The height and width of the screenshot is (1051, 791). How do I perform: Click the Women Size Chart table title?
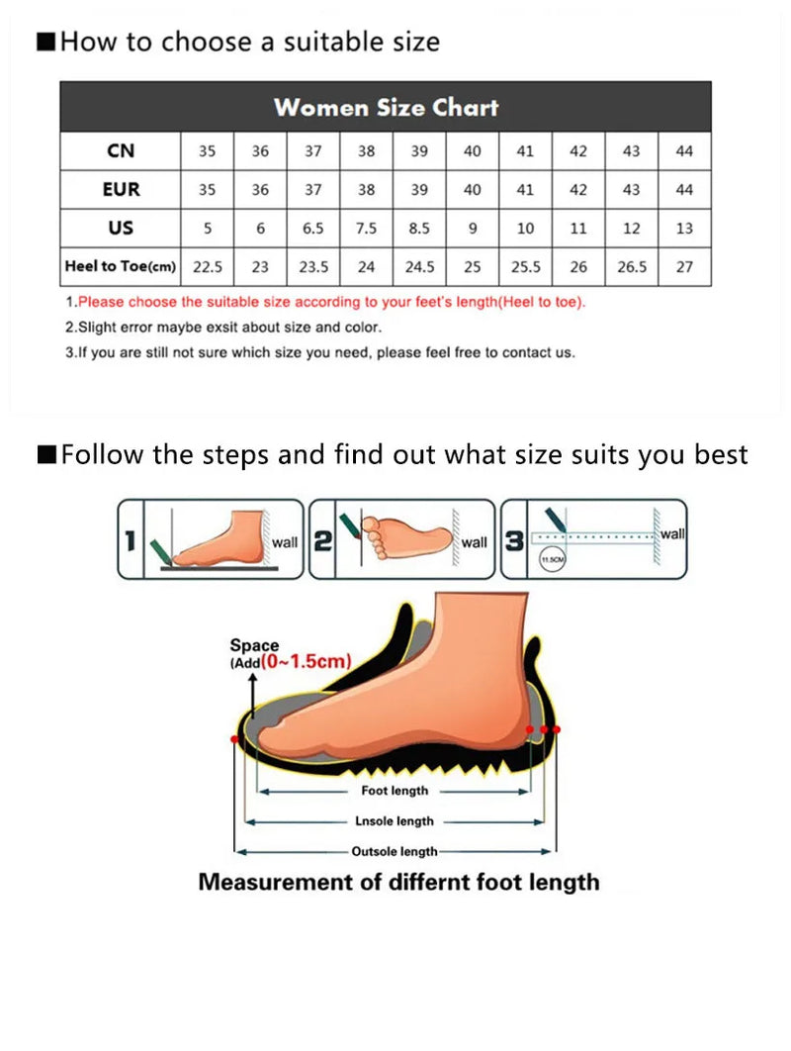(386, 107)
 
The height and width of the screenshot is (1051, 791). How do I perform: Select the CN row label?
(121, 151)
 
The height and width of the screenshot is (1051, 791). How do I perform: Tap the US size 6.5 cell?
(313, 229)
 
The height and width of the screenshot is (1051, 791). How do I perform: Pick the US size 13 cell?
(684, 229)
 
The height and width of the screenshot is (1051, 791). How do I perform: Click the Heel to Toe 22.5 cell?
(207, 267)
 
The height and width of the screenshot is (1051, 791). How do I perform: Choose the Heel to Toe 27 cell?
(684, 267)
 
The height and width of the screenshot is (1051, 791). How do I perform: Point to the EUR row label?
(121, 190)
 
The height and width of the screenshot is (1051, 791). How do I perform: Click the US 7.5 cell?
(367, 229)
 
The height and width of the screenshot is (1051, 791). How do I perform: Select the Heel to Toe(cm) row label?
(121, 267)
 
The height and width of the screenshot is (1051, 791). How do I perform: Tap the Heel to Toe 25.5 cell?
(525, 267)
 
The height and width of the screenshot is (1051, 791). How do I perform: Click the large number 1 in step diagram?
(130, 541)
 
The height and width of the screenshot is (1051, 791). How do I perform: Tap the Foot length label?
(395, 791)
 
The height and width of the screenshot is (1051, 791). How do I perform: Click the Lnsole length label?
(395, 821)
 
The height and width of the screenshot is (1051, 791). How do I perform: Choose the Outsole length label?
(395, 851)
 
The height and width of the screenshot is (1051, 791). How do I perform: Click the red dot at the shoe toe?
(234, 739)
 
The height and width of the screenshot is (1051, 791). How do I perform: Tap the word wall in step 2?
(475, 542)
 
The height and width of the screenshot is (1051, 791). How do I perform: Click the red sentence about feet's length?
(331, 302)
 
